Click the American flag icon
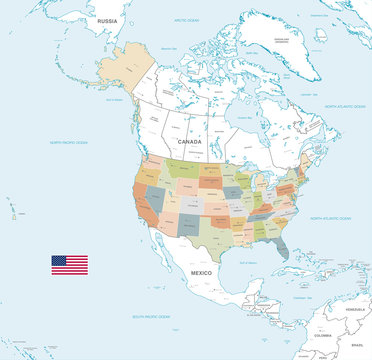(70, 264)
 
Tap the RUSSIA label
(108, 19)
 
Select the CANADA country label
(189, 142)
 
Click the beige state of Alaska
(128, 70)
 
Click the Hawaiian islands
(14, 212)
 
